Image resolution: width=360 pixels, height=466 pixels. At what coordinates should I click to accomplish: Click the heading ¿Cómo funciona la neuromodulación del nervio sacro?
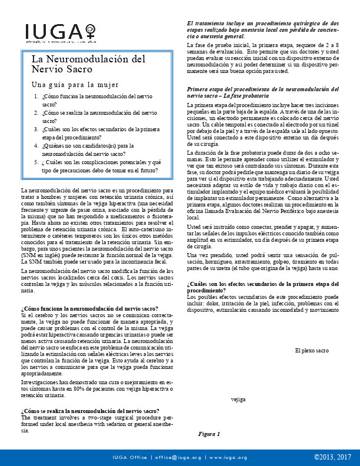(x=89, y=308)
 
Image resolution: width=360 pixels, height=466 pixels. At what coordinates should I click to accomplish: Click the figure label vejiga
(x=238, y=399)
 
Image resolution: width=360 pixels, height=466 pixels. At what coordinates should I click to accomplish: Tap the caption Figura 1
(x=209, y=434)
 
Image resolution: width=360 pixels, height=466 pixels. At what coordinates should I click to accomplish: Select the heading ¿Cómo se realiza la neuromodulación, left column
(x=89, y=410)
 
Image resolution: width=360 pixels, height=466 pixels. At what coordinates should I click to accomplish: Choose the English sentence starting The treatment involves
(x=97, y=424)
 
